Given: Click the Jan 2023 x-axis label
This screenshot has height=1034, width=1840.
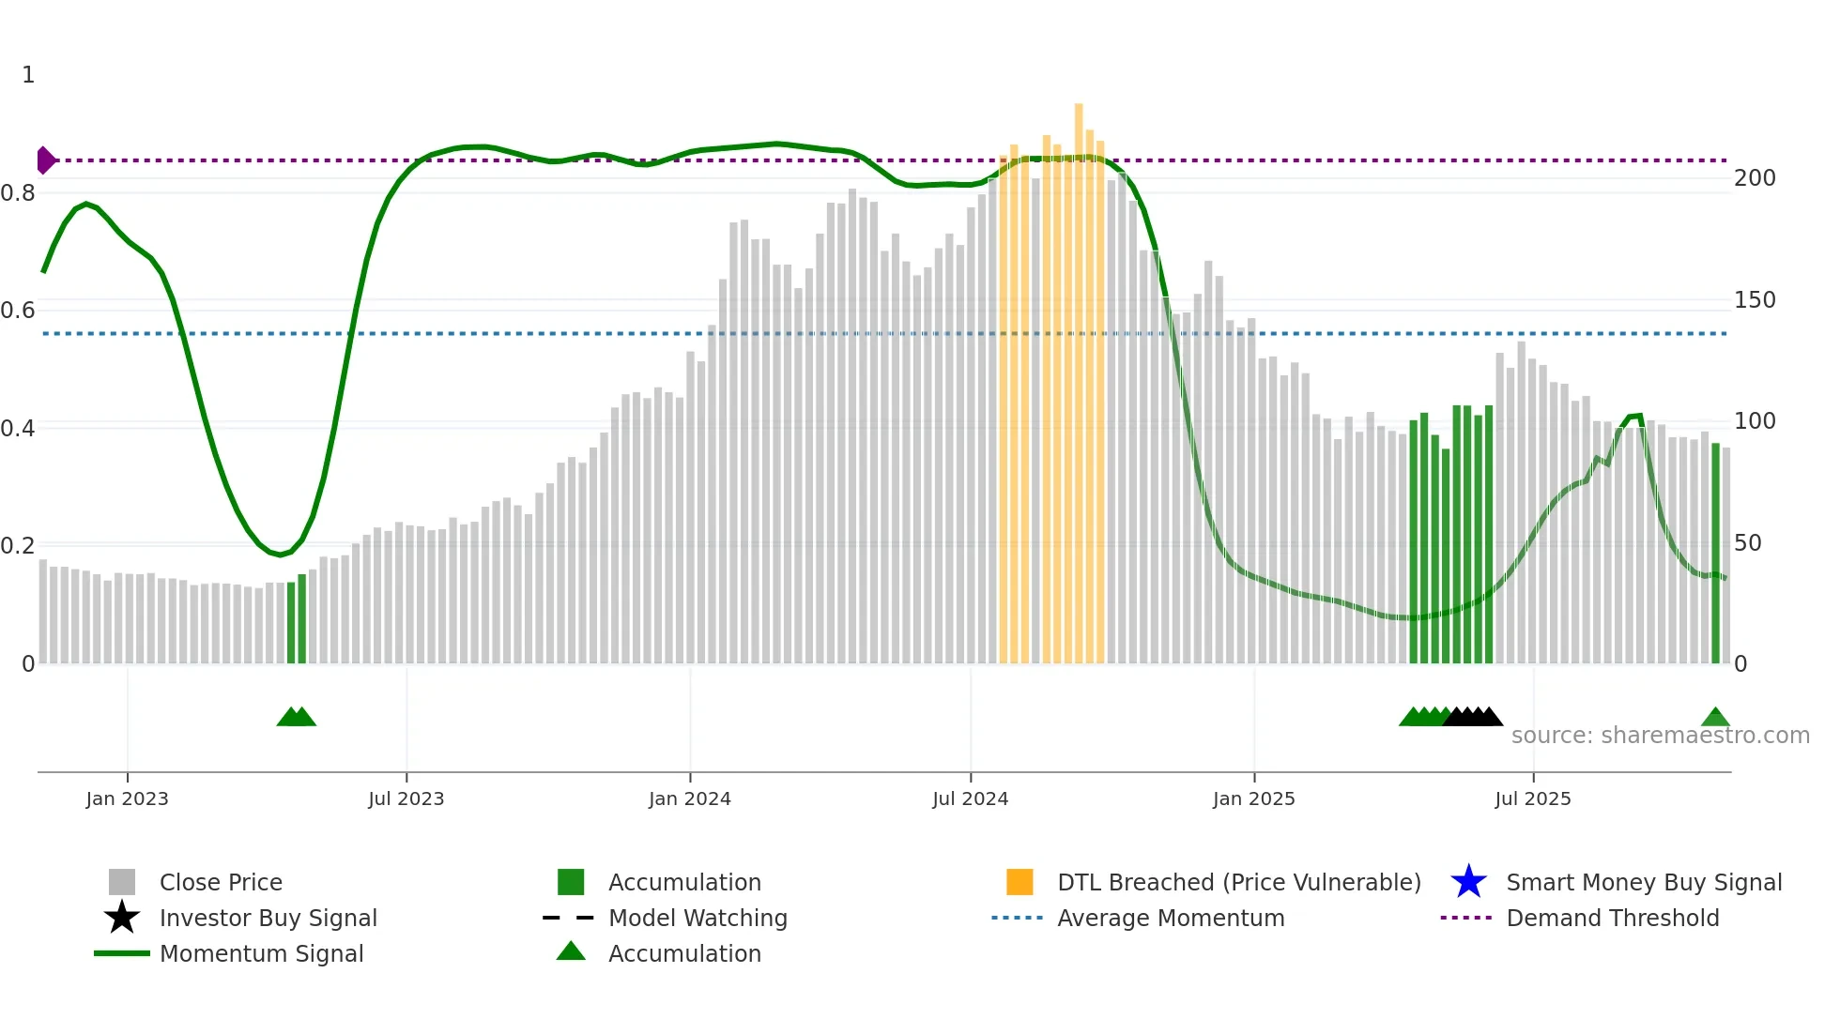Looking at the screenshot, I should [x=127, y=799].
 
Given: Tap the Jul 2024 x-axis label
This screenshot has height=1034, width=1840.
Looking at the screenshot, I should [x=970, y=799].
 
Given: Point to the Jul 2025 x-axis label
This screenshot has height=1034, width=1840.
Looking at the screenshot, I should [x=1532, y=799].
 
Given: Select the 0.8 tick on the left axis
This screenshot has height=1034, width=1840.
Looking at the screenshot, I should [x=18, y=193].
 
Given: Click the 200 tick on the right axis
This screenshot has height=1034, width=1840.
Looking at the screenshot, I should [x=1755, y=178].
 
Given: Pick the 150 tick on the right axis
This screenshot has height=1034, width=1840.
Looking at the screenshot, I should [x=1755, y=300].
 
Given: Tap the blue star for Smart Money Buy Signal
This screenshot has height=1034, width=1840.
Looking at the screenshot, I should [x=1468, y=882].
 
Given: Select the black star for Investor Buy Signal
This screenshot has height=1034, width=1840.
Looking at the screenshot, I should [x=122, y=918].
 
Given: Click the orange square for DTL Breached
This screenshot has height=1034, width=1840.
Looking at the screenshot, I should [x=1020, y=882].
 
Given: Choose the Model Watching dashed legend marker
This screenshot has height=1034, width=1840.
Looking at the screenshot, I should [x=569, y=918].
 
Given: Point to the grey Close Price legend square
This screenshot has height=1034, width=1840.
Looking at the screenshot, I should [x=122, y=882].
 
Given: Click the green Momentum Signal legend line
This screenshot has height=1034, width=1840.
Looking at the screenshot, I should [x=122, y=953].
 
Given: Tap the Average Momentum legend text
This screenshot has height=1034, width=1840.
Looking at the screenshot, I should [x=1171, y=918].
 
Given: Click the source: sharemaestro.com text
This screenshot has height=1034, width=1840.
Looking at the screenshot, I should [x=1660, y=736].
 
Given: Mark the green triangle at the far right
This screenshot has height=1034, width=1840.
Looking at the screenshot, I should [x=1715, y=718].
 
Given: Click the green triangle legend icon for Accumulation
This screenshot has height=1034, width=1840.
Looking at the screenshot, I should [x=571, y=951].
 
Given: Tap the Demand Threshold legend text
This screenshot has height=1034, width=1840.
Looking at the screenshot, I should [x=1612, y=918].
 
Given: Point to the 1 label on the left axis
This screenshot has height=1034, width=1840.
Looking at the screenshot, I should [x=28, y=75].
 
